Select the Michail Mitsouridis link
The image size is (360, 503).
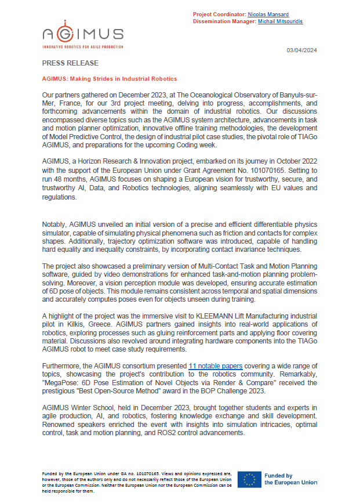pos(282,21)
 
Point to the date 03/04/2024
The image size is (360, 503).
pos(301,51)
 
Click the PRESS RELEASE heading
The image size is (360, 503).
pos(70,63)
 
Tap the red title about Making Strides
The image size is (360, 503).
pos(110,78)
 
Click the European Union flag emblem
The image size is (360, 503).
pos(249,479)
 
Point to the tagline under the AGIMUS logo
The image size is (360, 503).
pos(82,46)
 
